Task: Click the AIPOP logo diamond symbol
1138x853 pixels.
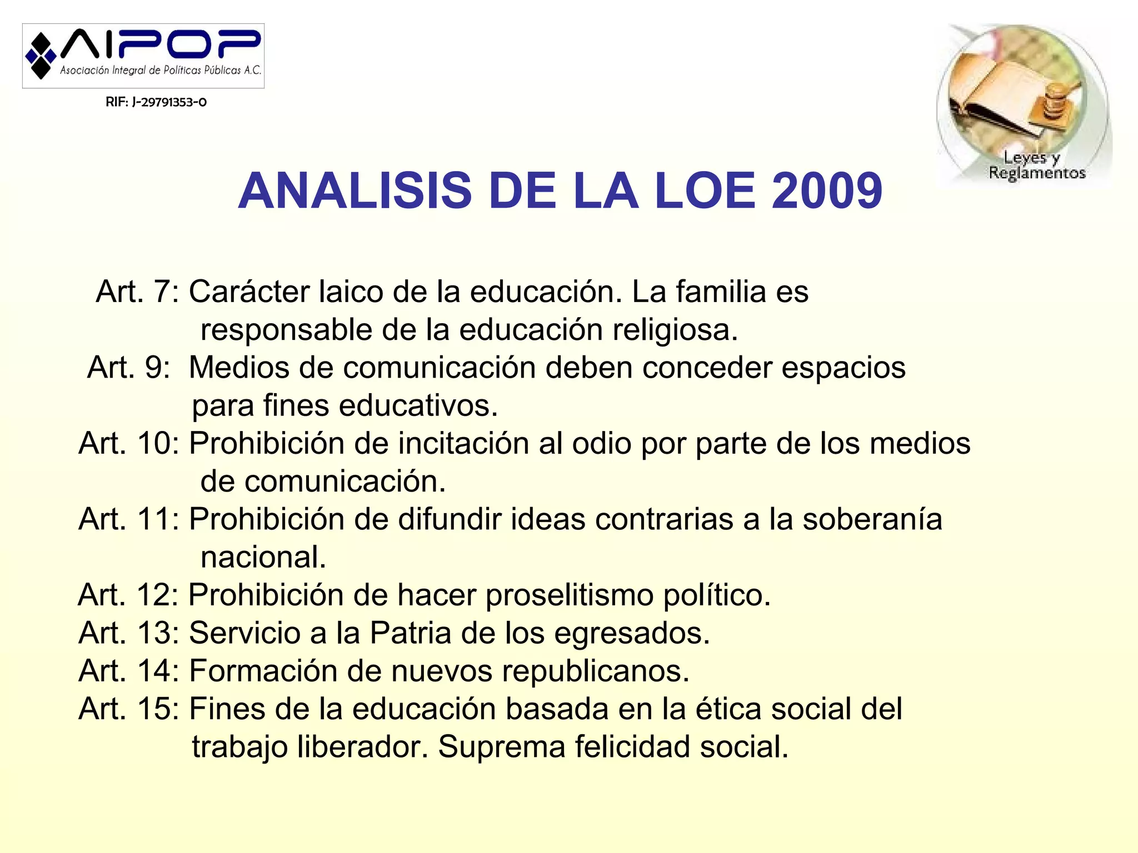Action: pos(41,56)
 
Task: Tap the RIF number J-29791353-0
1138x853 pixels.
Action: pos(156,102)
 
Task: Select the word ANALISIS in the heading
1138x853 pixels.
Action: pos(355,191)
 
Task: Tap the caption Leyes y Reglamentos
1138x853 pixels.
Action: pos(1036,165)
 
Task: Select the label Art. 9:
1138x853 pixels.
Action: pos(129,368)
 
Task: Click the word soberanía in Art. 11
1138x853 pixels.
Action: pos(872,520)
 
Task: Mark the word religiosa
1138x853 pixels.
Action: pos(675,330)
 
